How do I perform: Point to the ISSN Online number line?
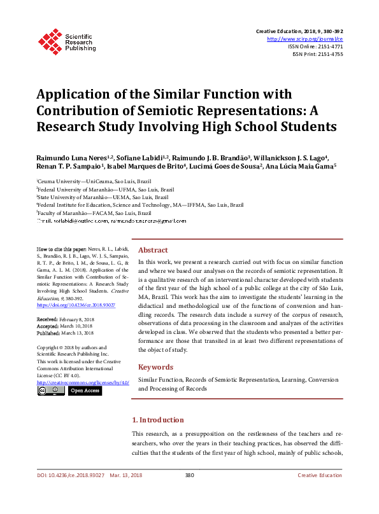pyautogui.click(x=315, y=46)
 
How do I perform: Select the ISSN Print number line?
pyautogui.click(x=317, y=54)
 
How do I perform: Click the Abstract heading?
pyautogui.click(x=153, y=251)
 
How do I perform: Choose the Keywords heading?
pyautogui.click(x=155, y=367)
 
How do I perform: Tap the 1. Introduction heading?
pyautogui.click(x=157, y=420)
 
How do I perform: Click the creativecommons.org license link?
pyautogui.click(x=83, y=382)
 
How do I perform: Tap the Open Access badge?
pyautogui.click(x=84, y=391)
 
